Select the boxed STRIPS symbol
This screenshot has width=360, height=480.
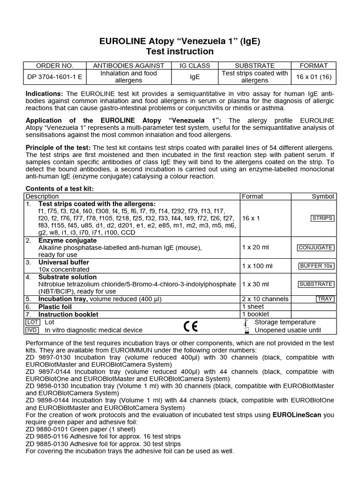[322, 218]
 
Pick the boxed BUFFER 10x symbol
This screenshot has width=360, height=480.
[317, 266]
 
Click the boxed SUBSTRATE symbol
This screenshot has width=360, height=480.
[316, 284]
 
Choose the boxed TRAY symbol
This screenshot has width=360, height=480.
[325, 299]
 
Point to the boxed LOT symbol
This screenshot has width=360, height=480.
[32, 322]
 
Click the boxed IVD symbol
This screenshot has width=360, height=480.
[32, 330]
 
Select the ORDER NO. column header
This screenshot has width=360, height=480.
[55, 66]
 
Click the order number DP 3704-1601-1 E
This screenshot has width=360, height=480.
[55, 77]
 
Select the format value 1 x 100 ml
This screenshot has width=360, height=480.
[257, 266]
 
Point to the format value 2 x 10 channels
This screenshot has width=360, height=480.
[265, 299]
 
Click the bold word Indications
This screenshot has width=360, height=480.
[45, 94]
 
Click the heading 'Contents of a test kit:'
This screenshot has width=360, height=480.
[60, 188]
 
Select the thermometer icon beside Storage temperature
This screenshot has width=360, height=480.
[246, 322]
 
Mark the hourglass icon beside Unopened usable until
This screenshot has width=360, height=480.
[246, 330]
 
